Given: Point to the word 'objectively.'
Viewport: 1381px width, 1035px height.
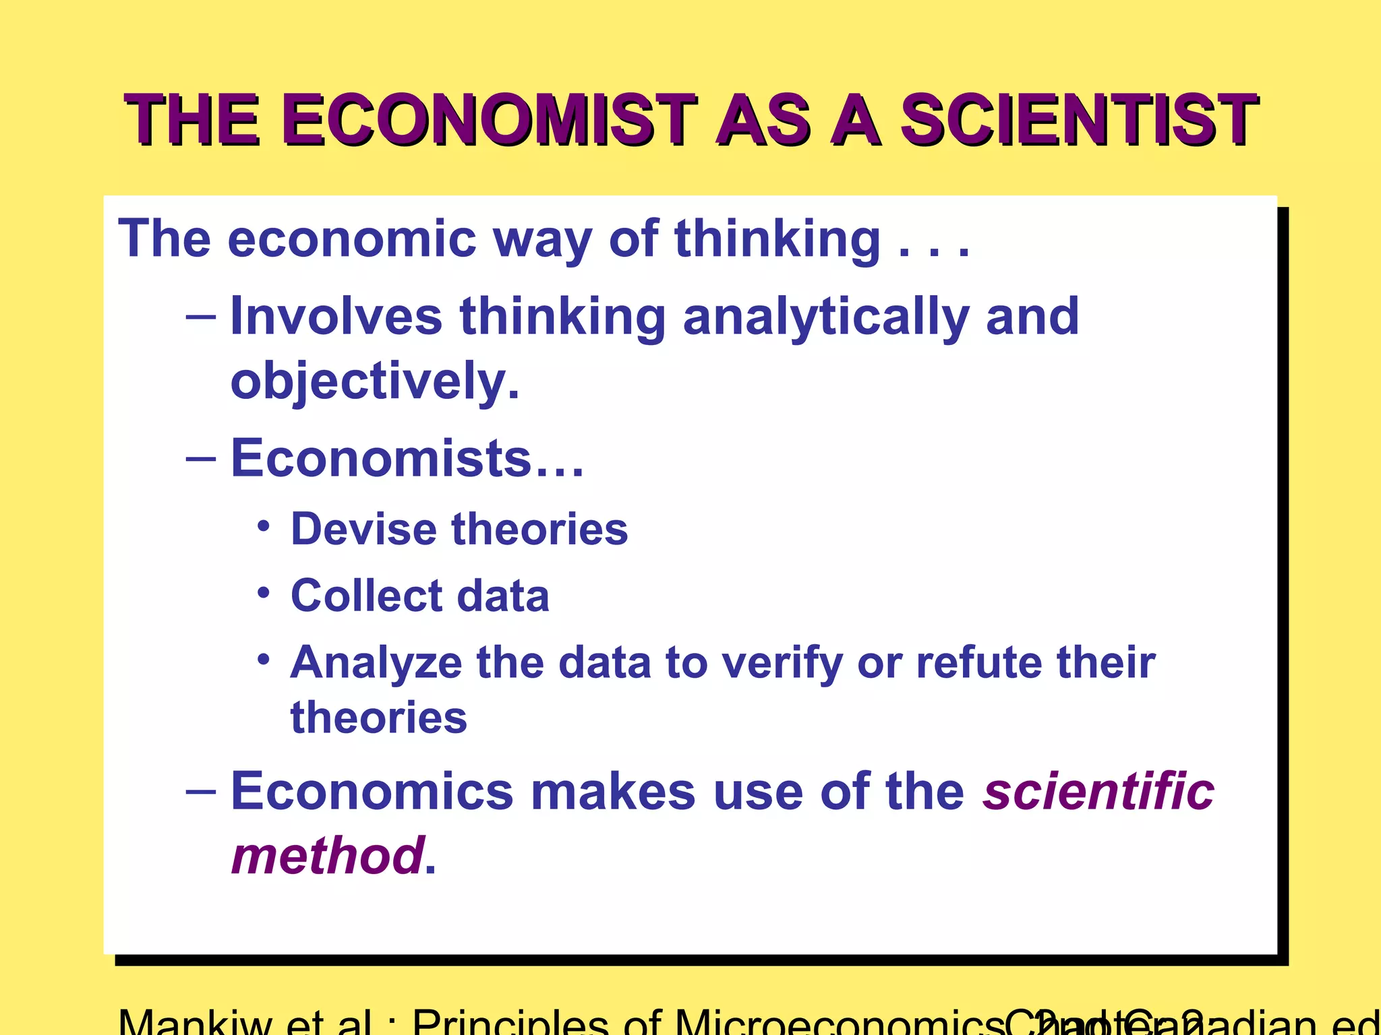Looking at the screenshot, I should pyautogui.click(x=375, y=381).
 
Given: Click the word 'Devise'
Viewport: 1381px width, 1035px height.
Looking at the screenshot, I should pyautogui.click(x=363, y=529).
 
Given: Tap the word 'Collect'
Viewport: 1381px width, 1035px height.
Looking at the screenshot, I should pyautogui.click(x=367, y=596).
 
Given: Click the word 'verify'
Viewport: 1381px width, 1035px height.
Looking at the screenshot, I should pyautogui.click(x=782, y=664).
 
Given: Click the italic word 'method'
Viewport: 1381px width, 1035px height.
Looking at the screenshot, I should pyautogui.click(x=328, y=856).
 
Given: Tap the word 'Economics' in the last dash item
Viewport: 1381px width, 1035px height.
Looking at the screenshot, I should pyautogui.click(x=372, y=791).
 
